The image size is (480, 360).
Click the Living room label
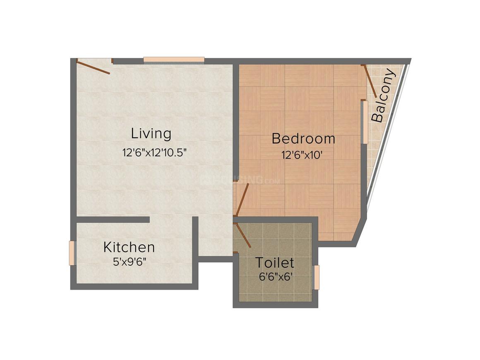151,134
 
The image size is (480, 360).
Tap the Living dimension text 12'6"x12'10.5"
154,152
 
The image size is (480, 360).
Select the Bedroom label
303,139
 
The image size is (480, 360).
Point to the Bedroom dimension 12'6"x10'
302,155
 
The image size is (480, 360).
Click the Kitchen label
129,247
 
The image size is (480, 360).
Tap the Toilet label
274,263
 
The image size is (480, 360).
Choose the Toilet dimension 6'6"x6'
276,277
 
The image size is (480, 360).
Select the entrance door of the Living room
93,67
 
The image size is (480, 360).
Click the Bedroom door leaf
242,199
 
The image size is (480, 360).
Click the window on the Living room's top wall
174,60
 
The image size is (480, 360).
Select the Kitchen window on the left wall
72,253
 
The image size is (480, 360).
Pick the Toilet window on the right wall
317,277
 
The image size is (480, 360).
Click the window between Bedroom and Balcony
365,122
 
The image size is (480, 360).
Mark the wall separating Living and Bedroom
236,122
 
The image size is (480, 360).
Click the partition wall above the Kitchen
113,219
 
